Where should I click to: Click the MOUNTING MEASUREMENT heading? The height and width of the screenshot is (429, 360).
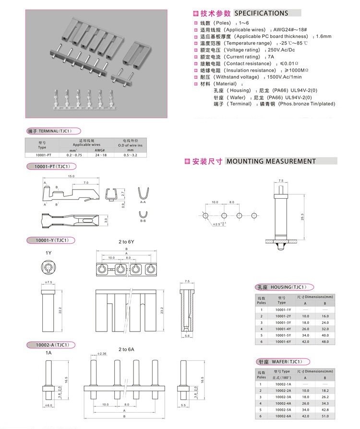tap(271, 161)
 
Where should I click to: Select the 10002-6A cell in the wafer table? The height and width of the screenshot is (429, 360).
tap(283, 416)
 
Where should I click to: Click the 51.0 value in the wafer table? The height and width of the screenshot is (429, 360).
tap(324, 416)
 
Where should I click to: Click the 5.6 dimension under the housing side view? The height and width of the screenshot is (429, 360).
tap(188, 336)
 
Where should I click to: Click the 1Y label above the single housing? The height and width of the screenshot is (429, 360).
tap(48, 252)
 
